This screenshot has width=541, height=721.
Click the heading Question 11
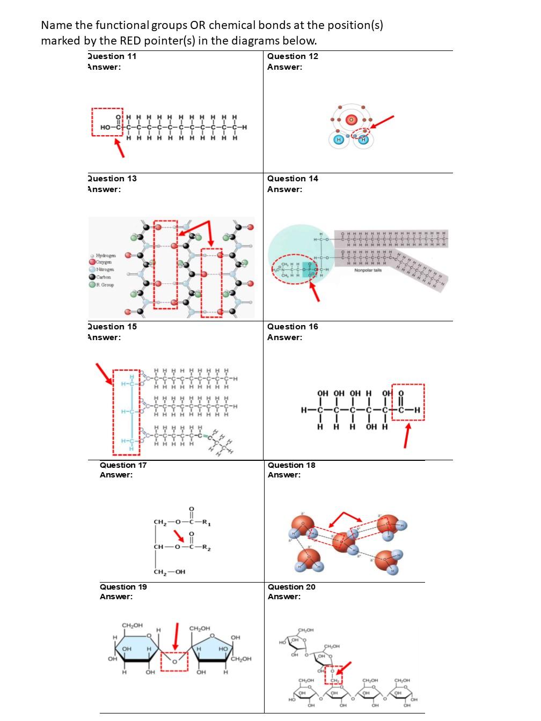click(112, 56)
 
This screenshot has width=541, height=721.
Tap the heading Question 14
click(293, 179)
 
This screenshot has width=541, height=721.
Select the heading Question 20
click(291, 587)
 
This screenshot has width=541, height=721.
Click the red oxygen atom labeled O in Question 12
click(352, 120)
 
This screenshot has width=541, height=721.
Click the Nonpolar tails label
click(368, 270)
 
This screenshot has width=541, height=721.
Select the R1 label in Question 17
click(206, 522)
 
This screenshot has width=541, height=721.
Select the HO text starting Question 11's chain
click(106, 127)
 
